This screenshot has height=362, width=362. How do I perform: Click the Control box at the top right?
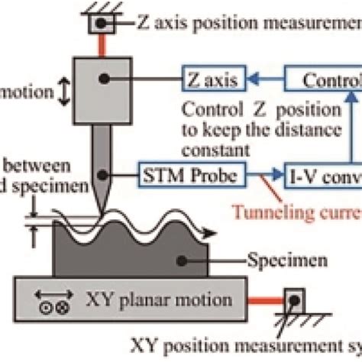[325, 78]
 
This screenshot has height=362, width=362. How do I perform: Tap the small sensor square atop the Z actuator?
[100, 24]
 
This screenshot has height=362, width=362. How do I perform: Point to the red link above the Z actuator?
[100, 45]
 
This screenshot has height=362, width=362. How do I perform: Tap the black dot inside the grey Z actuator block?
[101, 79]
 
